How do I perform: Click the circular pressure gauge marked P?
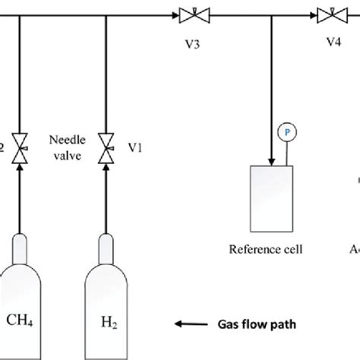pos(287,131)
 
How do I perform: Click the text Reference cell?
pos(271,247)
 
